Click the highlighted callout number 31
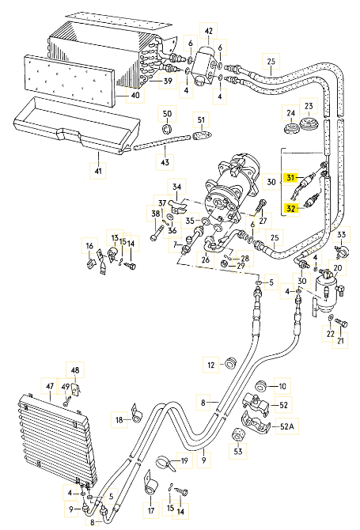(x=290, y=177)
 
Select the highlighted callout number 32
(x=290, y=209)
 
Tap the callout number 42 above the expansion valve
(x=209, y=31)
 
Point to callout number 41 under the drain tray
(x=98, y=171)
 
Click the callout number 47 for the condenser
(x=50, y=386)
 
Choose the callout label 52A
(x=287, y=427)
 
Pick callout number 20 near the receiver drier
(x=338, y=268)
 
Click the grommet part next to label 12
(x=231, y=363)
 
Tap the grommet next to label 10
(x=262, y=386)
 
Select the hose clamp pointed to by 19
(x=165, y=463)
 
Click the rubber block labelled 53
(x=238, y=435)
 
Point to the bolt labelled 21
(x=342, y=324)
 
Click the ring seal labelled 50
(x=166, y=129)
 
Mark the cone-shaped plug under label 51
(x=202, y=135)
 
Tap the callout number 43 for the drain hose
(x=165, y=162)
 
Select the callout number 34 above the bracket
(x=176, y=187)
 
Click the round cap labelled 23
(x=309, y=123)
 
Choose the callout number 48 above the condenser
(x=75, y=370)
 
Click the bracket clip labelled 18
(x=137, y=415)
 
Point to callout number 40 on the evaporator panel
(x=135, y=95)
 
